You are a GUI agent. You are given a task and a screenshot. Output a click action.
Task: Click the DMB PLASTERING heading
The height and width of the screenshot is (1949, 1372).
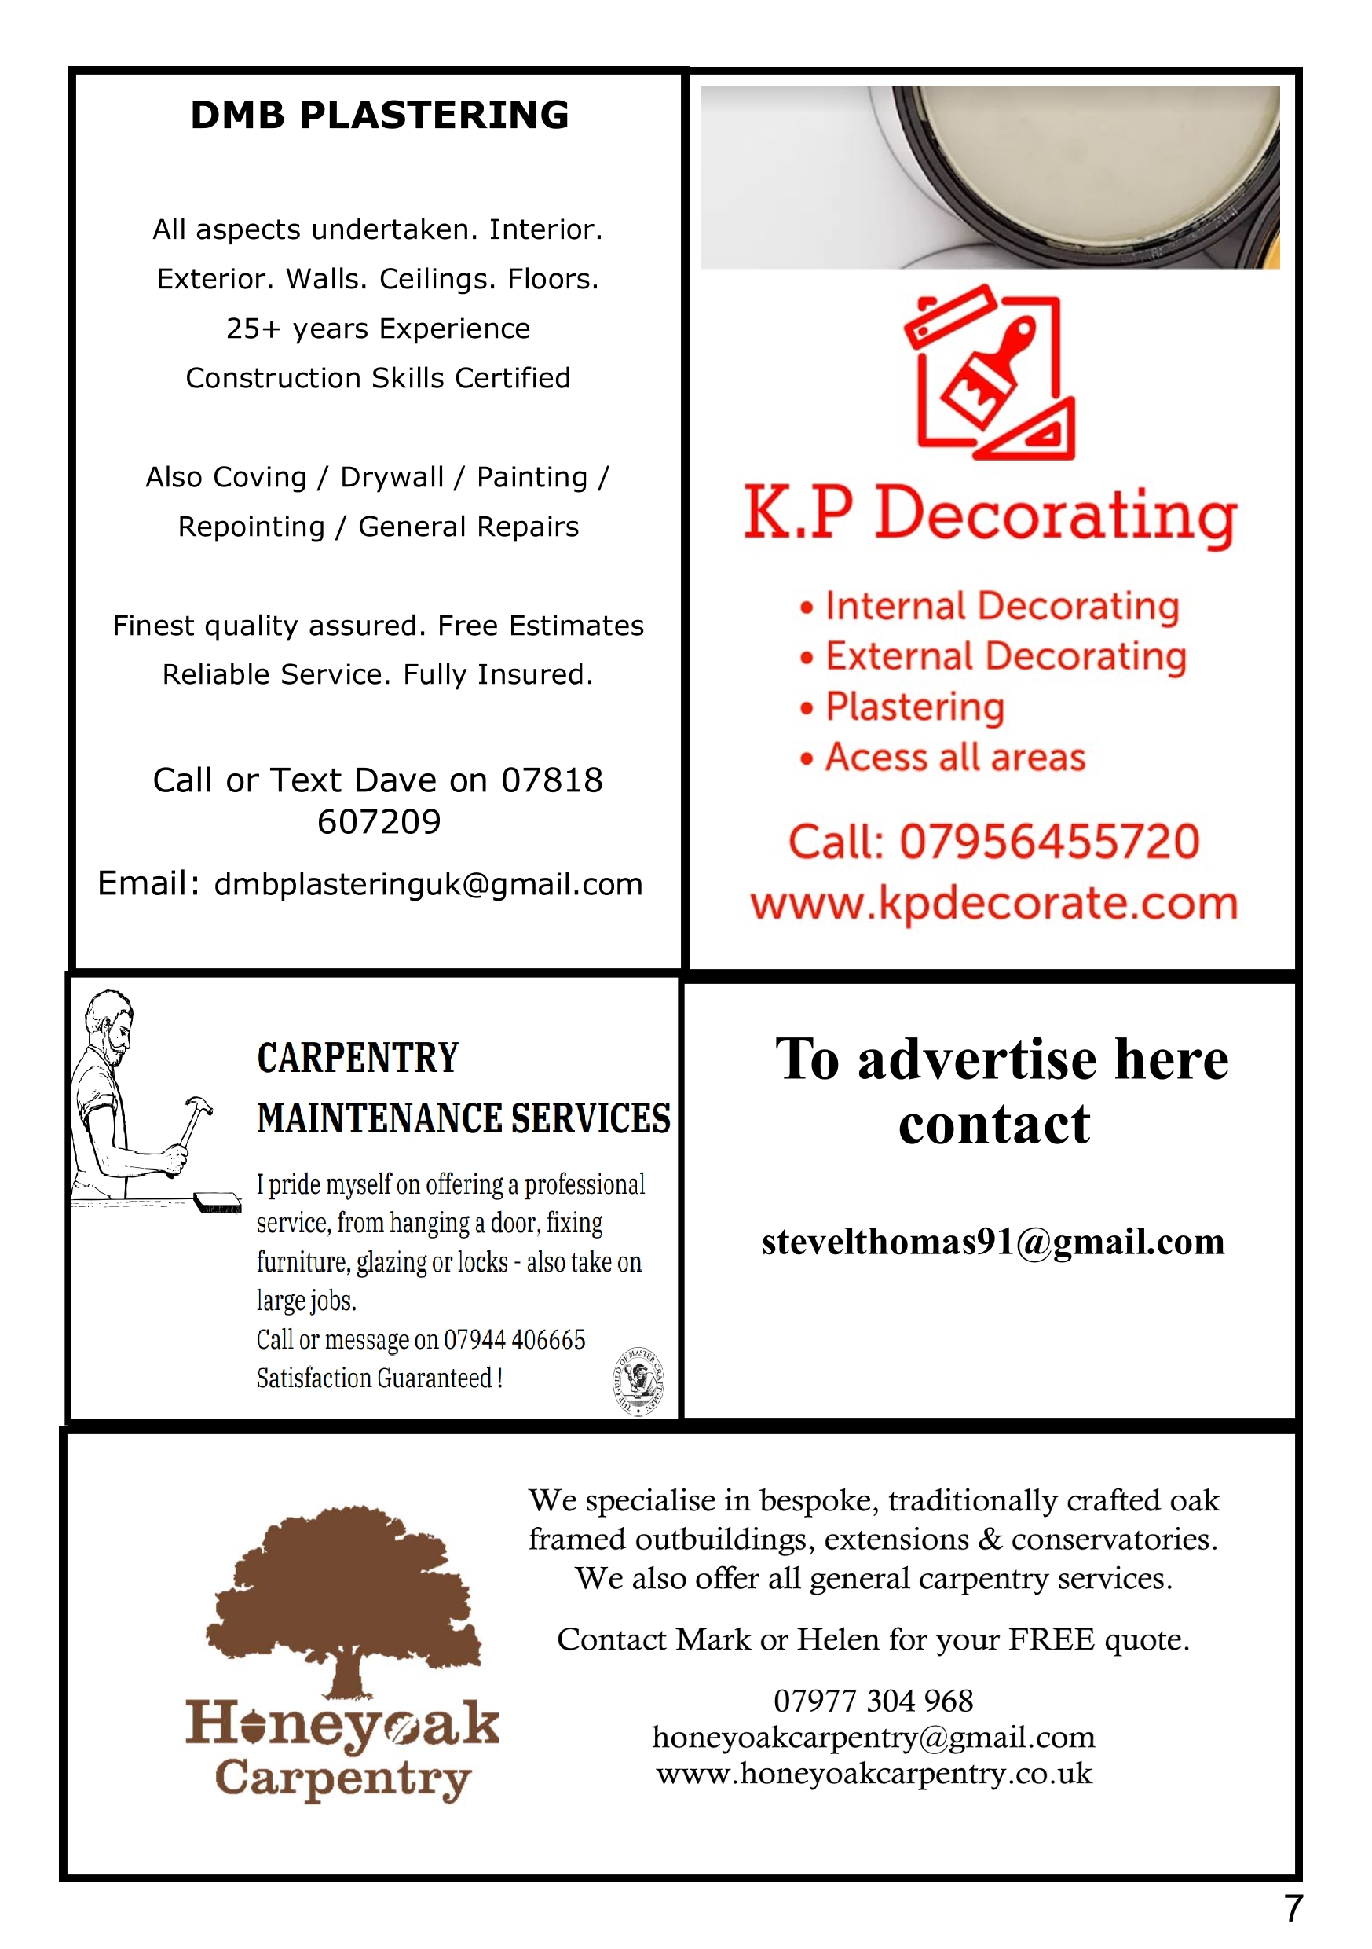(x=379, y=116)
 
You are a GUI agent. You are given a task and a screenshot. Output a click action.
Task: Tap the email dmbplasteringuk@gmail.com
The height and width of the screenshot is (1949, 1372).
(x=429, y=885)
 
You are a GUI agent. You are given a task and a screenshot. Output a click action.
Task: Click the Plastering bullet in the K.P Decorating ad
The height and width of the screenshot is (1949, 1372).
(x=915, y=707)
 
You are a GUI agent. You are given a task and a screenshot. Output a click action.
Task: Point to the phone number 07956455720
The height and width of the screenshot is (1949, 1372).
(x=1048, y=841)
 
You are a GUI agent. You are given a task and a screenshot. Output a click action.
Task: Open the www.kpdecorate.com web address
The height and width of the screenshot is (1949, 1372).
(x=993, y=903)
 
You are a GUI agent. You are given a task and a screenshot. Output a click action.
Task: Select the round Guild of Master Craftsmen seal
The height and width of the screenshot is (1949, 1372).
(x=638, y=1381)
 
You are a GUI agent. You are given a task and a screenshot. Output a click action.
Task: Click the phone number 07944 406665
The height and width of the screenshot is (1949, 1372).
(x=514, y=1339)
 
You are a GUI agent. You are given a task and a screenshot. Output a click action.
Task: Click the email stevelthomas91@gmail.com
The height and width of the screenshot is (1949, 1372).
(x=993, y=1242)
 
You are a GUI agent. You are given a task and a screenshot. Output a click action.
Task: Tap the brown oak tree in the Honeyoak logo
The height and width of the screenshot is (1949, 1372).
(x=345, y=1596)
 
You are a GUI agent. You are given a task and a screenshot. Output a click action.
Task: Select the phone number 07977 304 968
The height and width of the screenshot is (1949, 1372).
(x=873, y=1701)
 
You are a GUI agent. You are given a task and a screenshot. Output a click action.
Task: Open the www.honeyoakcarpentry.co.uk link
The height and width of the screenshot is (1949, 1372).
(x=874, y=1773)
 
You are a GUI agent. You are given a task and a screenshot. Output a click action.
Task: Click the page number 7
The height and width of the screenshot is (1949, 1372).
(x=1292, y=1910)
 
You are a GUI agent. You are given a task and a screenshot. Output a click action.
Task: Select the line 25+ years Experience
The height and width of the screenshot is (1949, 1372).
(x=379, y=329)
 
